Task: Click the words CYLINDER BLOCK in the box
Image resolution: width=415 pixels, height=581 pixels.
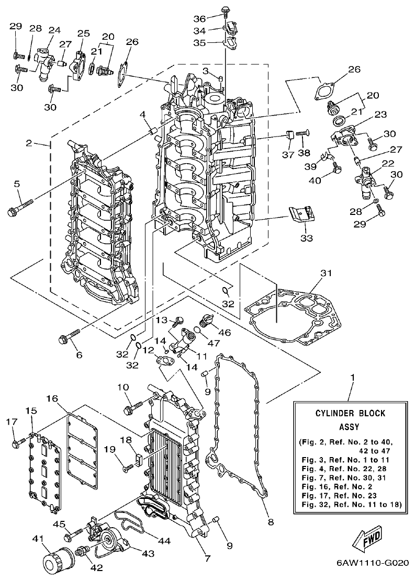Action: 350,413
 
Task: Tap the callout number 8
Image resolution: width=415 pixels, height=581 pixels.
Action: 270,521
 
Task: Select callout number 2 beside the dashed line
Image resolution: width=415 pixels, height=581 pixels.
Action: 29,142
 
